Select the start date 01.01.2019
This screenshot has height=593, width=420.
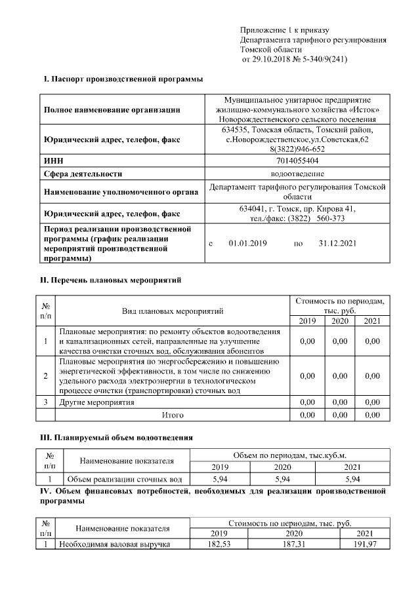point(247,244)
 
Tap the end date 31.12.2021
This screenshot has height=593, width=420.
point(337,244)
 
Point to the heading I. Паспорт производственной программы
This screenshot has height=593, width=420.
point(122,79)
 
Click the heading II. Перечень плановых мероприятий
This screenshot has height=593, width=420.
point(112,280)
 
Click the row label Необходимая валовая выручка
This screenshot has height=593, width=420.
point(115,544)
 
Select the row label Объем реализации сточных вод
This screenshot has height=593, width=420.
point(124,480)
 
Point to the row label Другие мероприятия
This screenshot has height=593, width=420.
point(96,402)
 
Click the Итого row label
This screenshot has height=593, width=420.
point(173,415)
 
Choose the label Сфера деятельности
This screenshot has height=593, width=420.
point(83,174)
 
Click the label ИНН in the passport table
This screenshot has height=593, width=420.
point(53,161)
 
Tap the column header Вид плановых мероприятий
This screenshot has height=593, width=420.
point(173,311)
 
